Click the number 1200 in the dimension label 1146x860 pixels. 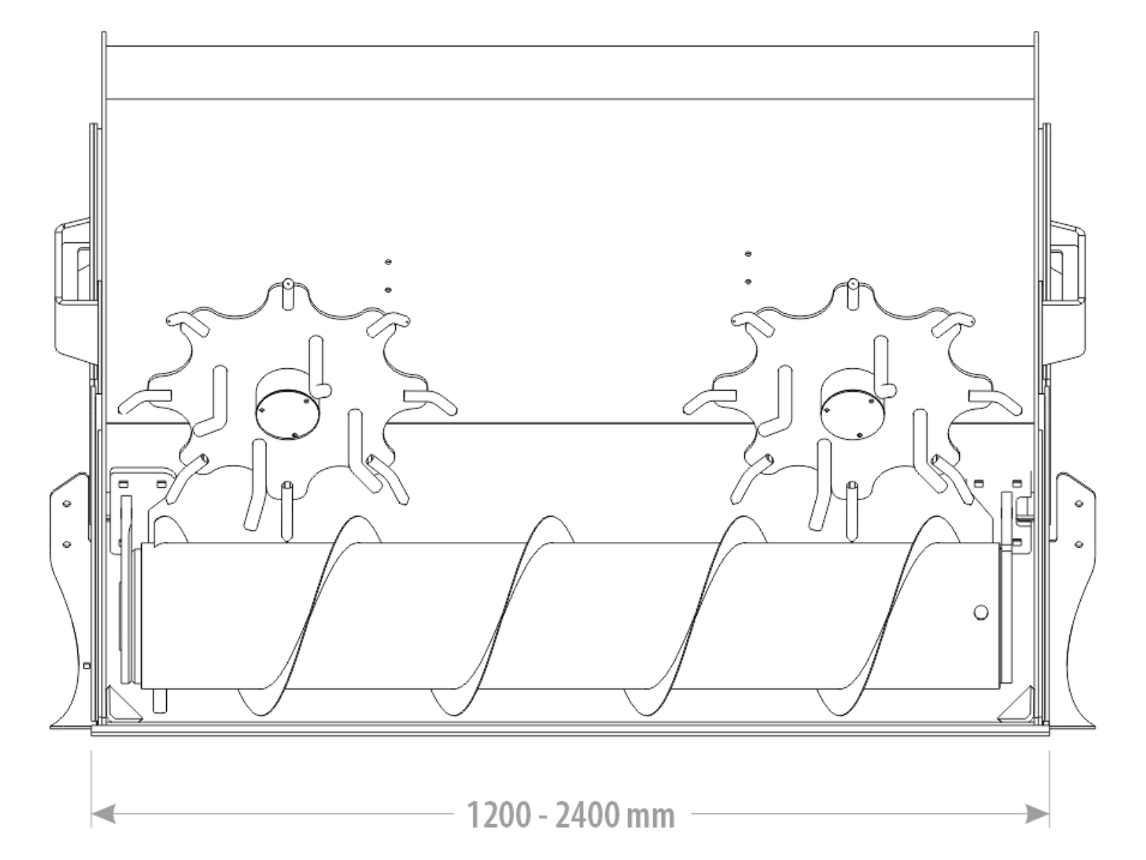pos(500,816)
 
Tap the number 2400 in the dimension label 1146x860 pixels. pos(587,816)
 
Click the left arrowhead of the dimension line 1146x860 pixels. pos(103,813)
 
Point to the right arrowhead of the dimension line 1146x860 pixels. pos(1037,813)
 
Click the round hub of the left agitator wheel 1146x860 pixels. pos(287,404)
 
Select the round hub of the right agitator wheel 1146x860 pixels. pos(852,404)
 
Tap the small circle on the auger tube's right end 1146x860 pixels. pos(981,613)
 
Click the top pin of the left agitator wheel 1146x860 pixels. pos(288,295)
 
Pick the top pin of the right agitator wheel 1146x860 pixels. pos(852,295)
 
